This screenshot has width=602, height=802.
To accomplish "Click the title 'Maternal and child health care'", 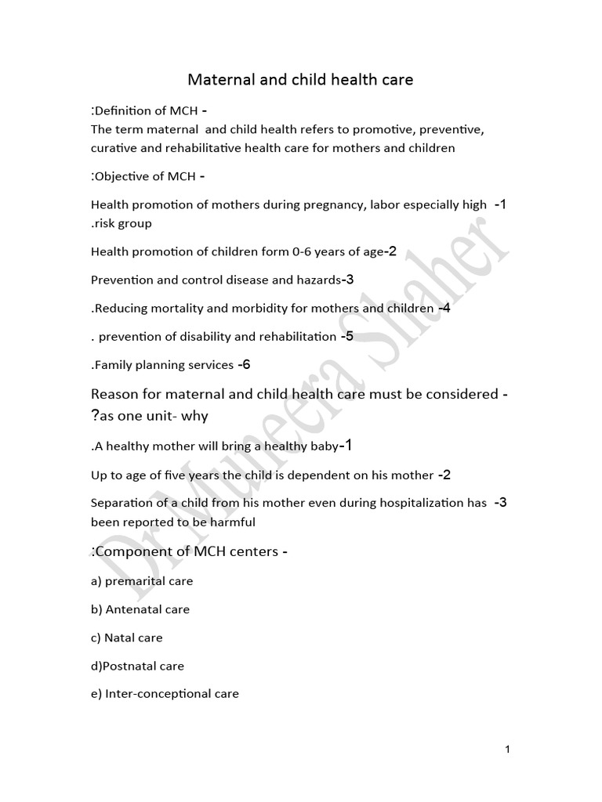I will tap(300, 80).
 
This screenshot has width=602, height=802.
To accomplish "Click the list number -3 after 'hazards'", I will tap(349, 280).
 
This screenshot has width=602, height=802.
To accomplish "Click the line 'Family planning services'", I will tap(164, 365).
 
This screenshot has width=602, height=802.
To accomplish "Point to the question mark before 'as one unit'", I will tap(94, 416).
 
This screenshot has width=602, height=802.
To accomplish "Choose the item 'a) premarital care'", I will tap(142, 581).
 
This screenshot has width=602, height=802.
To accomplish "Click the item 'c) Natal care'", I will tap(127, 638).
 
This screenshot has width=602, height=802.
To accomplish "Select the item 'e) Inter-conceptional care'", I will tap(165, 694).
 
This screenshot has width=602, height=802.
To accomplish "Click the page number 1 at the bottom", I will tap(508, 750).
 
